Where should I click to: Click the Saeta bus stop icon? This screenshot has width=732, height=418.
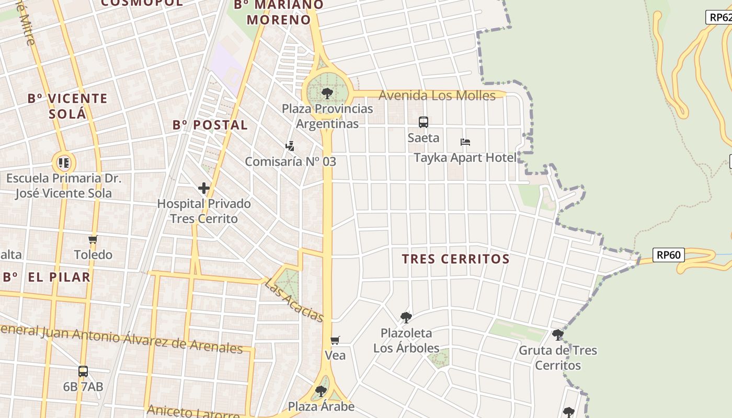click(x=424, y=122)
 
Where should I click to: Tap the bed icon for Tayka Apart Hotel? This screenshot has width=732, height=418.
click(x=465, y=142)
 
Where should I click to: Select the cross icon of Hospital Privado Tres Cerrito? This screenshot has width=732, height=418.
click(x=204, y=188)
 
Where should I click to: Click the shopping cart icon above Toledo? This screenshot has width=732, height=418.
click(x=93, y=239)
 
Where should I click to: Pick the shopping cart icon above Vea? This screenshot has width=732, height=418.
click(x=335, y=341)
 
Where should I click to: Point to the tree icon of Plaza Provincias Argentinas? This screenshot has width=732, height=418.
click(x=327, y=94)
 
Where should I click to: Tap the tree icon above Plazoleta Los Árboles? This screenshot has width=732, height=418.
click(x=406, y=317)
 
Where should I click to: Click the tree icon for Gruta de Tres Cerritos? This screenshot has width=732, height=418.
click(x=558, y=334)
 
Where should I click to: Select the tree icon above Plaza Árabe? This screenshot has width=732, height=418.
click(x=321, y=391)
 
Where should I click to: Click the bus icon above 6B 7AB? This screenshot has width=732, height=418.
click(x=83, y=371)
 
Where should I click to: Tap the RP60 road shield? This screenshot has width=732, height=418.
click(x=669, y=255)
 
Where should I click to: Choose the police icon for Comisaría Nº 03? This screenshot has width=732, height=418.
click(x=290, y=146)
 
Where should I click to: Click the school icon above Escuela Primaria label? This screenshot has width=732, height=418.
click(x=64, y=162)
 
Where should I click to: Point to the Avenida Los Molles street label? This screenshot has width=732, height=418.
click(x=437, y=96)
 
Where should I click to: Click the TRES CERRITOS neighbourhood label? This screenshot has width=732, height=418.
click(x=455, y=259)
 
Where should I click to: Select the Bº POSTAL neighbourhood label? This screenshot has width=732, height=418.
click(x=210, y=125)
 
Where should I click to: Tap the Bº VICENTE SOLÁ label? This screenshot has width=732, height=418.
click(x=67, y=106)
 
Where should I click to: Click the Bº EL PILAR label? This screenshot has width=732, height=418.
click(x=47, y=277)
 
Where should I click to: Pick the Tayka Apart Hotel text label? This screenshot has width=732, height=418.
click(x=465, y=158)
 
